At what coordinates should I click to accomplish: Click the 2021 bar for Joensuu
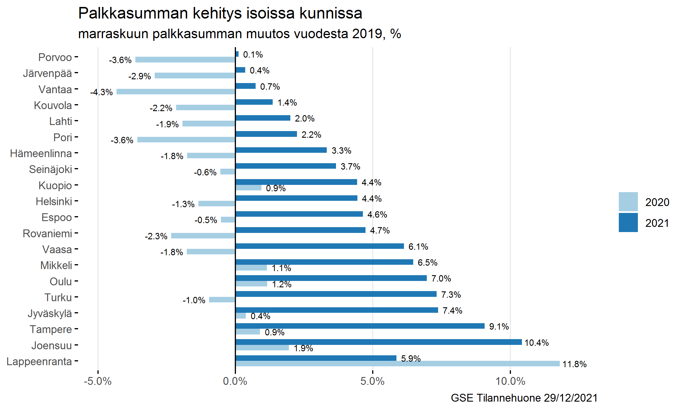tap(379, 342)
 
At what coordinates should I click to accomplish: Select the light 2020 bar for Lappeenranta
tap(398, 364)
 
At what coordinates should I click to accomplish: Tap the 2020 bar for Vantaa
tap(176, 92)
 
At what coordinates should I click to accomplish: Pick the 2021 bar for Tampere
tap(360, 326)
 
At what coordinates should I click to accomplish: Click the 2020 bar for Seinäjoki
tap(228, 172)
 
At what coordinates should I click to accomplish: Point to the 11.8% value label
tap(574, 364)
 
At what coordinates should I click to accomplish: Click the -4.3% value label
tap(101, 92)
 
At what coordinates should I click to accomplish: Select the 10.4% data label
tap(536, 343)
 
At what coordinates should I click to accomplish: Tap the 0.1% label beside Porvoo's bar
tap(253, 54)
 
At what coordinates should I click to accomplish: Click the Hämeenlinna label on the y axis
tap(41, 153)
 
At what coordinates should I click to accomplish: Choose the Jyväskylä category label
tap(50, 313)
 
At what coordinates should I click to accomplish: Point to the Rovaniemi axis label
tap(47, 234)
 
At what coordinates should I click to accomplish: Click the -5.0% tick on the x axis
tap(98, 381)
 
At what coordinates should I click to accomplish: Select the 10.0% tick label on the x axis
tap(510, 381)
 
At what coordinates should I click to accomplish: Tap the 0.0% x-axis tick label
tap(235, 381)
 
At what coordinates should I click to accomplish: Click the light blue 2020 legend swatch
tap(628, 202)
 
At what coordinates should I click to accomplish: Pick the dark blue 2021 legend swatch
tap(628, 223)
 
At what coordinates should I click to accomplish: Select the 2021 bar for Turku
tap(336, 294)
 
